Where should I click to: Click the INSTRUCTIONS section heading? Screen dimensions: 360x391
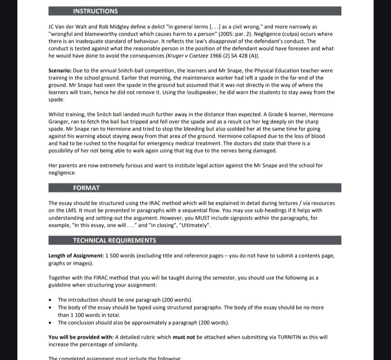pos(95,11)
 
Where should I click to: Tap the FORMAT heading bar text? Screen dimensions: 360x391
pos(86,188)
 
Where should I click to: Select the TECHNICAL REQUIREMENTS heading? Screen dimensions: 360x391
pos(114,240)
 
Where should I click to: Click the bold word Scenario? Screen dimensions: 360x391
pos(60,71)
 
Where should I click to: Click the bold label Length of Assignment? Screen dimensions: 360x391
pos(76,256)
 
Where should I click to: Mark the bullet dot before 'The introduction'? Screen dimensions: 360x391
pos(50,300)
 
